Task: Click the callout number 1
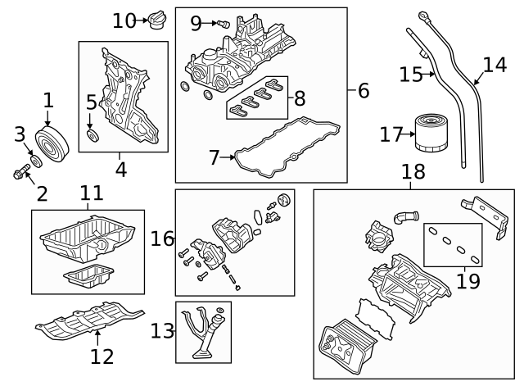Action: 48,101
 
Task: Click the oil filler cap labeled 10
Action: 156,20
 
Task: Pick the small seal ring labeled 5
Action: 92,134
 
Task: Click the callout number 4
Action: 120,170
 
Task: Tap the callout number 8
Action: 299,99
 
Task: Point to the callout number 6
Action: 364,90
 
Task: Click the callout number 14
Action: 495,65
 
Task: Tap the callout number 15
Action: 410,75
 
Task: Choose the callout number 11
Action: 91,193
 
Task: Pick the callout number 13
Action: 162,331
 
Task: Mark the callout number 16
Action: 162,238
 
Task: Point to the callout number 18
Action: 414,172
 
